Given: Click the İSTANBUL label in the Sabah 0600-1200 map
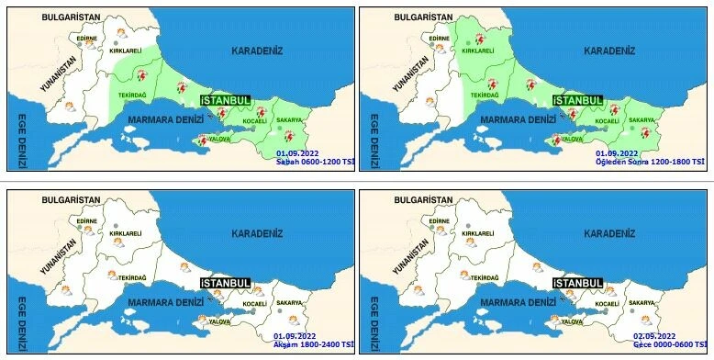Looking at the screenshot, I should coord(227,99).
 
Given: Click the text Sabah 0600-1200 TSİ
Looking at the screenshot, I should coord(315,162).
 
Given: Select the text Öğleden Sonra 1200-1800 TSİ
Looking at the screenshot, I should coord(650,162).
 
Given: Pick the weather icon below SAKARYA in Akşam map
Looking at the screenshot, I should coord(292,320).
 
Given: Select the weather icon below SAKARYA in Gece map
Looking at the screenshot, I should coord(645,320).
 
